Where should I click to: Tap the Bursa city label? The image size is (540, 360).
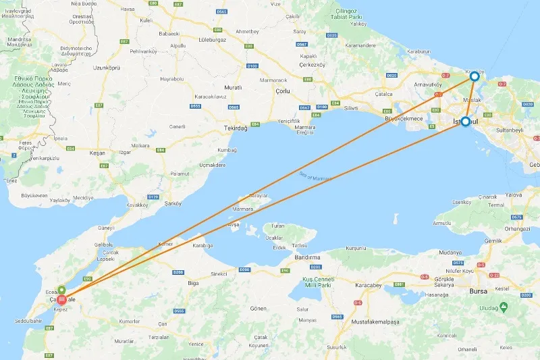pyautogui.click(x=478, y=291)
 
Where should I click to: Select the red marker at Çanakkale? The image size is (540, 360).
pyautogui.click(x=61, y=299)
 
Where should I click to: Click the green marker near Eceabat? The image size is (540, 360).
pyautogui.click(x=61, y=290)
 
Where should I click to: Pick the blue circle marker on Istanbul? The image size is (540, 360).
pyautogui.click(x=465, y=122)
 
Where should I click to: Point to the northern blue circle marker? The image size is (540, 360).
pyautogui.click(x=475, y=77)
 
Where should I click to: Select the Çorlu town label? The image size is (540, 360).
pyautogui.click(x=281, y=91)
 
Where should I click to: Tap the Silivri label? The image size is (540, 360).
pyautogui.click(x=351, y=108)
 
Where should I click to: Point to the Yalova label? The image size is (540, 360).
pyautogui.click(x=512, y=195)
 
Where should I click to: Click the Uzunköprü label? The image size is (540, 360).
pyautogui.click(x=107, y=68)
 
